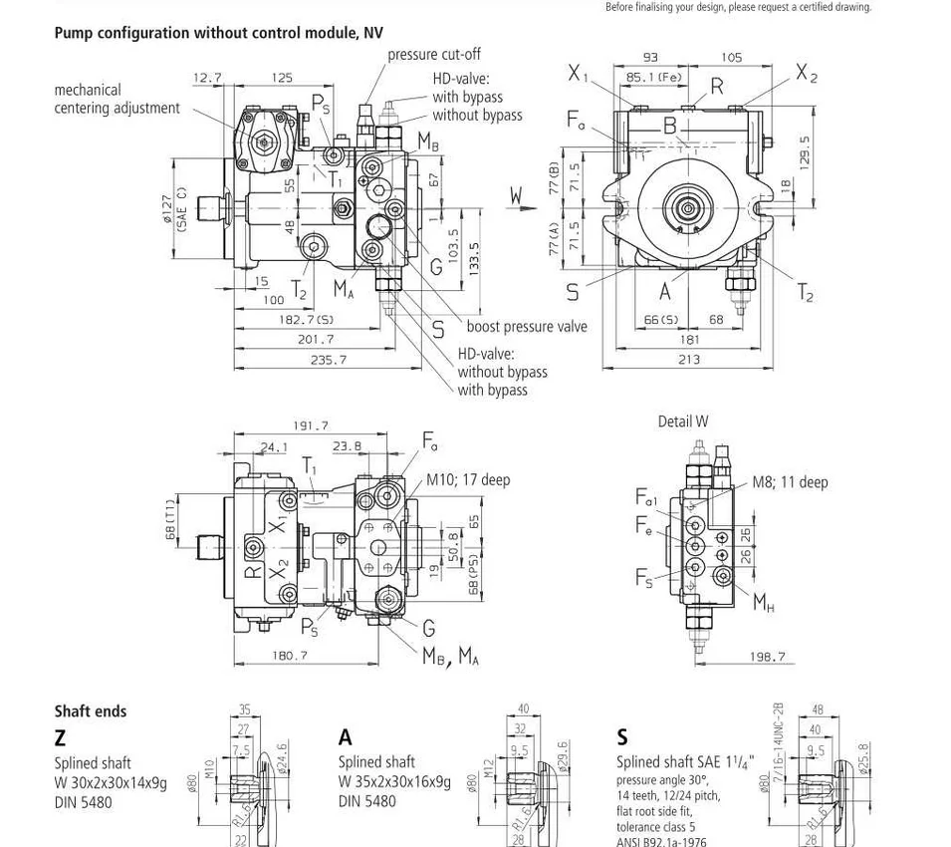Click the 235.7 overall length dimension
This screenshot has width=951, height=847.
click(329, 360)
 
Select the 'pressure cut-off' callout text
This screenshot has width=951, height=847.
click(433, 55)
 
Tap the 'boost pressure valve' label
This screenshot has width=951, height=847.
click(527, 327)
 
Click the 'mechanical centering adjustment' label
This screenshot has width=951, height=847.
click(117, 99)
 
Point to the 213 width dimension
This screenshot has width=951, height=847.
click(689, 360)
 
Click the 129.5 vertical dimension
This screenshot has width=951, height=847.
click(805, 151)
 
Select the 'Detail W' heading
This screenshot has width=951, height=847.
click(683, 422)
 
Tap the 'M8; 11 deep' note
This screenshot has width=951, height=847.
click(790, 482)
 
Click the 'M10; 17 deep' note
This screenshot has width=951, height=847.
click(468, 480)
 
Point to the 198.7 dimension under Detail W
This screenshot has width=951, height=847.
click(767, 657)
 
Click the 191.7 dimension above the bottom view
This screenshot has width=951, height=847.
click(310, 425)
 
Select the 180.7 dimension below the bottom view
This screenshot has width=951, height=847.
click(290, 656)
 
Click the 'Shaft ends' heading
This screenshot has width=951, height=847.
click(91, 711)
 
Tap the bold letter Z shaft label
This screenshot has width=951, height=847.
click(61, 737)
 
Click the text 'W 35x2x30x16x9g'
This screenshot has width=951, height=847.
click(394, 782)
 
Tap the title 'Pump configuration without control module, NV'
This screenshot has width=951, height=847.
click(219, 33)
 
